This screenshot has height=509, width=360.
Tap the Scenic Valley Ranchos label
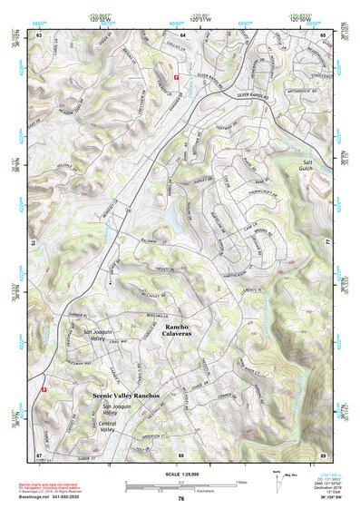coord(126,396)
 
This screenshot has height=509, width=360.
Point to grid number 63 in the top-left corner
coord(40,34)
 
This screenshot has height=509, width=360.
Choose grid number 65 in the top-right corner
coord(323,34)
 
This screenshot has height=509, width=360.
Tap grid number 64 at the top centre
coord(181,34)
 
